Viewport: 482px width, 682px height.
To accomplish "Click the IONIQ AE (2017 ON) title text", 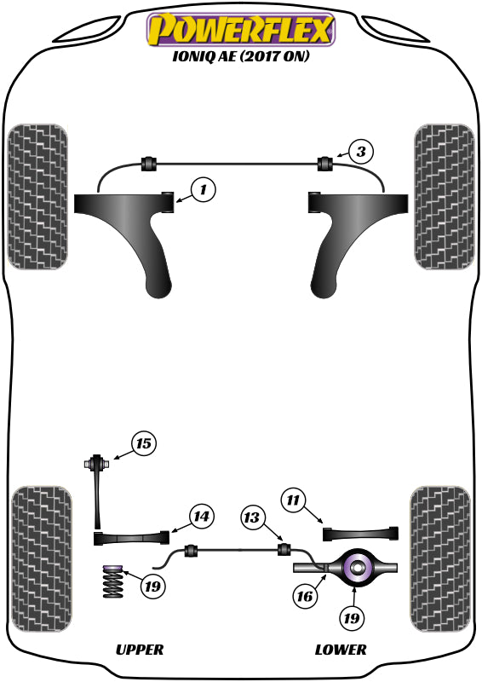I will click(241, 60).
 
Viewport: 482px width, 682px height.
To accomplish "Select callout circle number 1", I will click(204, 190).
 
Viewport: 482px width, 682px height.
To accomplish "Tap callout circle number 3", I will click(361, 153).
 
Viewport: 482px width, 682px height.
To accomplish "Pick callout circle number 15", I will click(144, 443).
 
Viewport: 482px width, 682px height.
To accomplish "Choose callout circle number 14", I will click(201, 517).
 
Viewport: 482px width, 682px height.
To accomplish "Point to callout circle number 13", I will click(253, 517).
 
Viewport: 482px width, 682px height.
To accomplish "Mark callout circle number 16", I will click(304, 597).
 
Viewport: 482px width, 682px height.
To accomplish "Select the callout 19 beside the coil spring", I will click(152, 587).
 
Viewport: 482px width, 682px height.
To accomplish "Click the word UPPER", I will click(139, 650).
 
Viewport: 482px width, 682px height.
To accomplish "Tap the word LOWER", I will click(341, 650).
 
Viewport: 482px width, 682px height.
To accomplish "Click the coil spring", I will click(111, 587).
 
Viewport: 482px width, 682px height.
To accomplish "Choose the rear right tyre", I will click(441, 558).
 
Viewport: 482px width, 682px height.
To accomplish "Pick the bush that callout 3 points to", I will click(324, 162).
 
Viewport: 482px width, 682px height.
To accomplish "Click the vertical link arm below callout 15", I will click(100, 499).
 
